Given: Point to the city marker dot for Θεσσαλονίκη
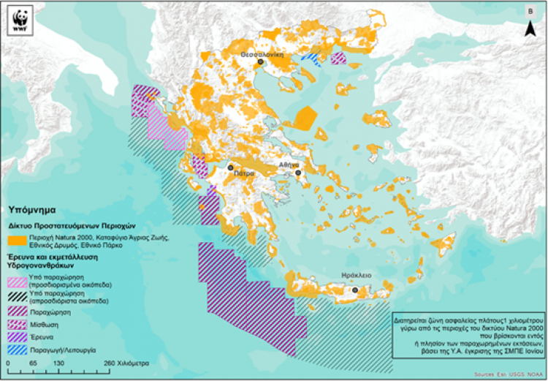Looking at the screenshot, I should [261, 63].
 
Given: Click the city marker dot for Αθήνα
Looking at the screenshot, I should [299, 173].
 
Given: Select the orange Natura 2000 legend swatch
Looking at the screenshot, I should [17, 241].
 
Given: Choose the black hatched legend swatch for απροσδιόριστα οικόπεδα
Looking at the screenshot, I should [17, 296].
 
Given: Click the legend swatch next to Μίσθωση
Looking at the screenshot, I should [17, 323].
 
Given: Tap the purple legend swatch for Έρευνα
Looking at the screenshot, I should [17, 336].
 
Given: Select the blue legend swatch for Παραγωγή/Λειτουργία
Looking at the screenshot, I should [17, 350].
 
